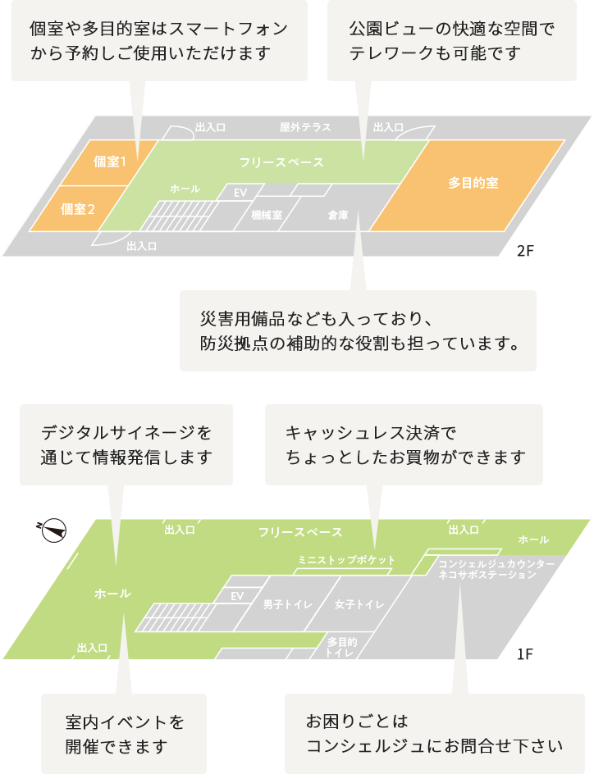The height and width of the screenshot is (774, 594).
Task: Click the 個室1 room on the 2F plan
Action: point(110,162)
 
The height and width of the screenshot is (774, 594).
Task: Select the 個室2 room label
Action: point(79,208)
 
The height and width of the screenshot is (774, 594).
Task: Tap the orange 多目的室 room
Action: point(473,183)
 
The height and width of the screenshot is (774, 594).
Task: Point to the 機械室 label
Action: point(267,215)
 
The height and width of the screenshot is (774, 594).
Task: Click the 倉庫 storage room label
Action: point(338,215)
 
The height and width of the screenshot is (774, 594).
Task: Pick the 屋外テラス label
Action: point(304,127)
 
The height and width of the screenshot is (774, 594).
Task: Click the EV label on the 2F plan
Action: point(240,192)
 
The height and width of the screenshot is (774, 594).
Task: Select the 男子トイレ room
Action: point(287,604)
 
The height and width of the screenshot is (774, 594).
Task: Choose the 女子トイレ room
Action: point(359,604)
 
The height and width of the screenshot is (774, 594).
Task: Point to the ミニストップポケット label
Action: point(346,560)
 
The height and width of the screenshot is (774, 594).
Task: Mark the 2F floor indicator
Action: point(525,251)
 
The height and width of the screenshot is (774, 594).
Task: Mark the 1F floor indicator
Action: point(525,653)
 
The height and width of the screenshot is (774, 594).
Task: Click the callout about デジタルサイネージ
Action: point(126,444)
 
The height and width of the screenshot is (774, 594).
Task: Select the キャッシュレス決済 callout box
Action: point(404,444)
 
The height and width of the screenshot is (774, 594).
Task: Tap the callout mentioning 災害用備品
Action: point(358,330)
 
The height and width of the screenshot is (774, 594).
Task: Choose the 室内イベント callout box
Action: point(124,734)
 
